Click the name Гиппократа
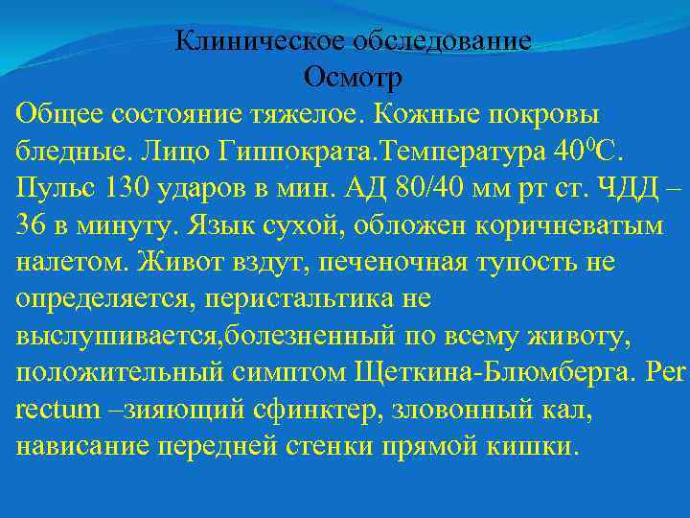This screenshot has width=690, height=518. [298, 152]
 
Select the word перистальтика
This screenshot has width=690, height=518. [297, 299]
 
